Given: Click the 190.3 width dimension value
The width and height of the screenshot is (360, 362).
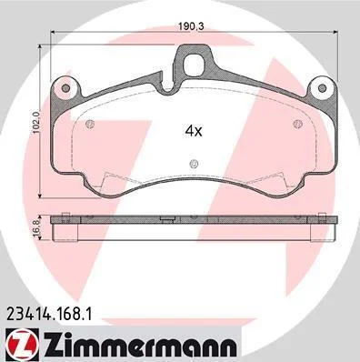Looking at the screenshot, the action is click(190, 26).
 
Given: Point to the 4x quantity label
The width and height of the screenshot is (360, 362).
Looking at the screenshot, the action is click(194, 131).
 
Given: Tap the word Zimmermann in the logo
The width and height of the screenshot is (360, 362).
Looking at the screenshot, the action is click(140, 346).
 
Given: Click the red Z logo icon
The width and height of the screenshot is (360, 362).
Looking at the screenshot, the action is click(21, 346).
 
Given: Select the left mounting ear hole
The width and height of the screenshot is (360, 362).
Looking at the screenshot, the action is click(65, 88).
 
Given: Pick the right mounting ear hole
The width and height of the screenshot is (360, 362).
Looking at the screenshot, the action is click(323, 88).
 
